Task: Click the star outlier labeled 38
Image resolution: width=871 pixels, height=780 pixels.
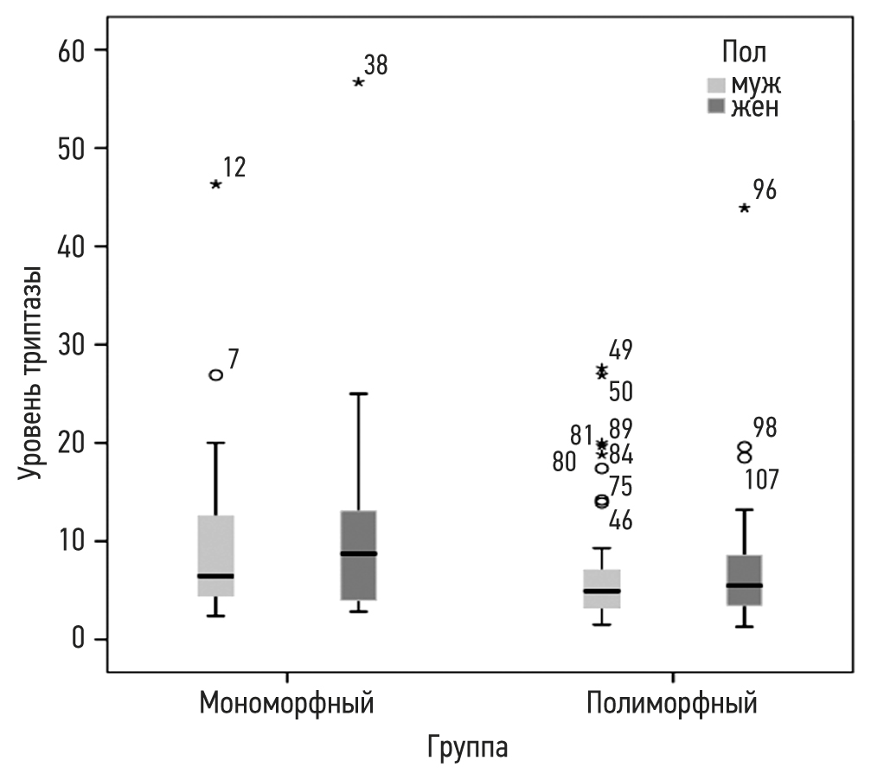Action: click(358, 82)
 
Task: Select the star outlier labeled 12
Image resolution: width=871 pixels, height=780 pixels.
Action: click(216, 184)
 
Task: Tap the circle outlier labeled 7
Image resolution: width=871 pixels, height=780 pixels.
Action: click(216, 374)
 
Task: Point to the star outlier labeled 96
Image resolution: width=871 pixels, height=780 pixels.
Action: click(745, 208)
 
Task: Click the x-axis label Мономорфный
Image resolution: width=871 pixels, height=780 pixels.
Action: click(287, 702)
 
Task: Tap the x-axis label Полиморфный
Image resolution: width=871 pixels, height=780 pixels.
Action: click(672, 702)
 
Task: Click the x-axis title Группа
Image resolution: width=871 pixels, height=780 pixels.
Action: click(467, 745)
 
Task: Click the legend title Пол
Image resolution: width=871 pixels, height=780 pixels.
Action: click(744, 51)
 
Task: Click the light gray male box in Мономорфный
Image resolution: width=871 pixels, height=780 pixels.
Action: click(216, 555)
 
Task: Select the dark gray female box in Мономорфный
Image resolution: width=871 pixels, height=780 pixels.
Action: click(358, 555)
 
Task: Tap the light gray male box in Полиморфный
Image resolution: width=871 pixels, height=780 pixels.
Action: click(603, 588)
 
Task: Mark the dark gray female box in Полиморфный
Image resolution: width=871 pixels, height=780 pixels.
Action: click(745, 580)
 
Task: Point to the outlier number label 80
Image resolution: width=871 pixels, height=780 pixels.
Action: click(564, 463)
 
